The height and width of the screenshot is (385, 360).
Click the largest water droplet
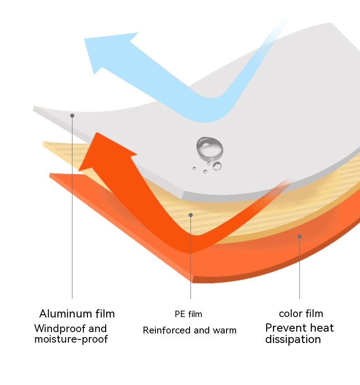[210, 147]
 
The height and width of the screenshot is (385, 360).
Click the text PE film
[188, 314]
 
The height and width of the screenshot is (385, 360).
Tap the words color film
[301, 314]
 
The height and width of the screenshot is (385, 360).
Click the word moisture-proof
[71, 339]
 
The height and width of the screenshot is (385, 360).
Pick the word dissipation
[293, 339]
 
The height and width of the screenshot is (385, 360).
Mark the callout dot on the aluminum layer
[72, 116]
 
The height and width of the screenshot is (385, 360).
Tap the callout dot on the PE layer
[190, 215]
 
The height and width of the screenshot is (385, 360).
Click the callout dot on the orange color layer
[299, 236]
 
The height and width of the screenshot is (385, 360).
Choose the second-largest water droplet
[217, 166]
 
